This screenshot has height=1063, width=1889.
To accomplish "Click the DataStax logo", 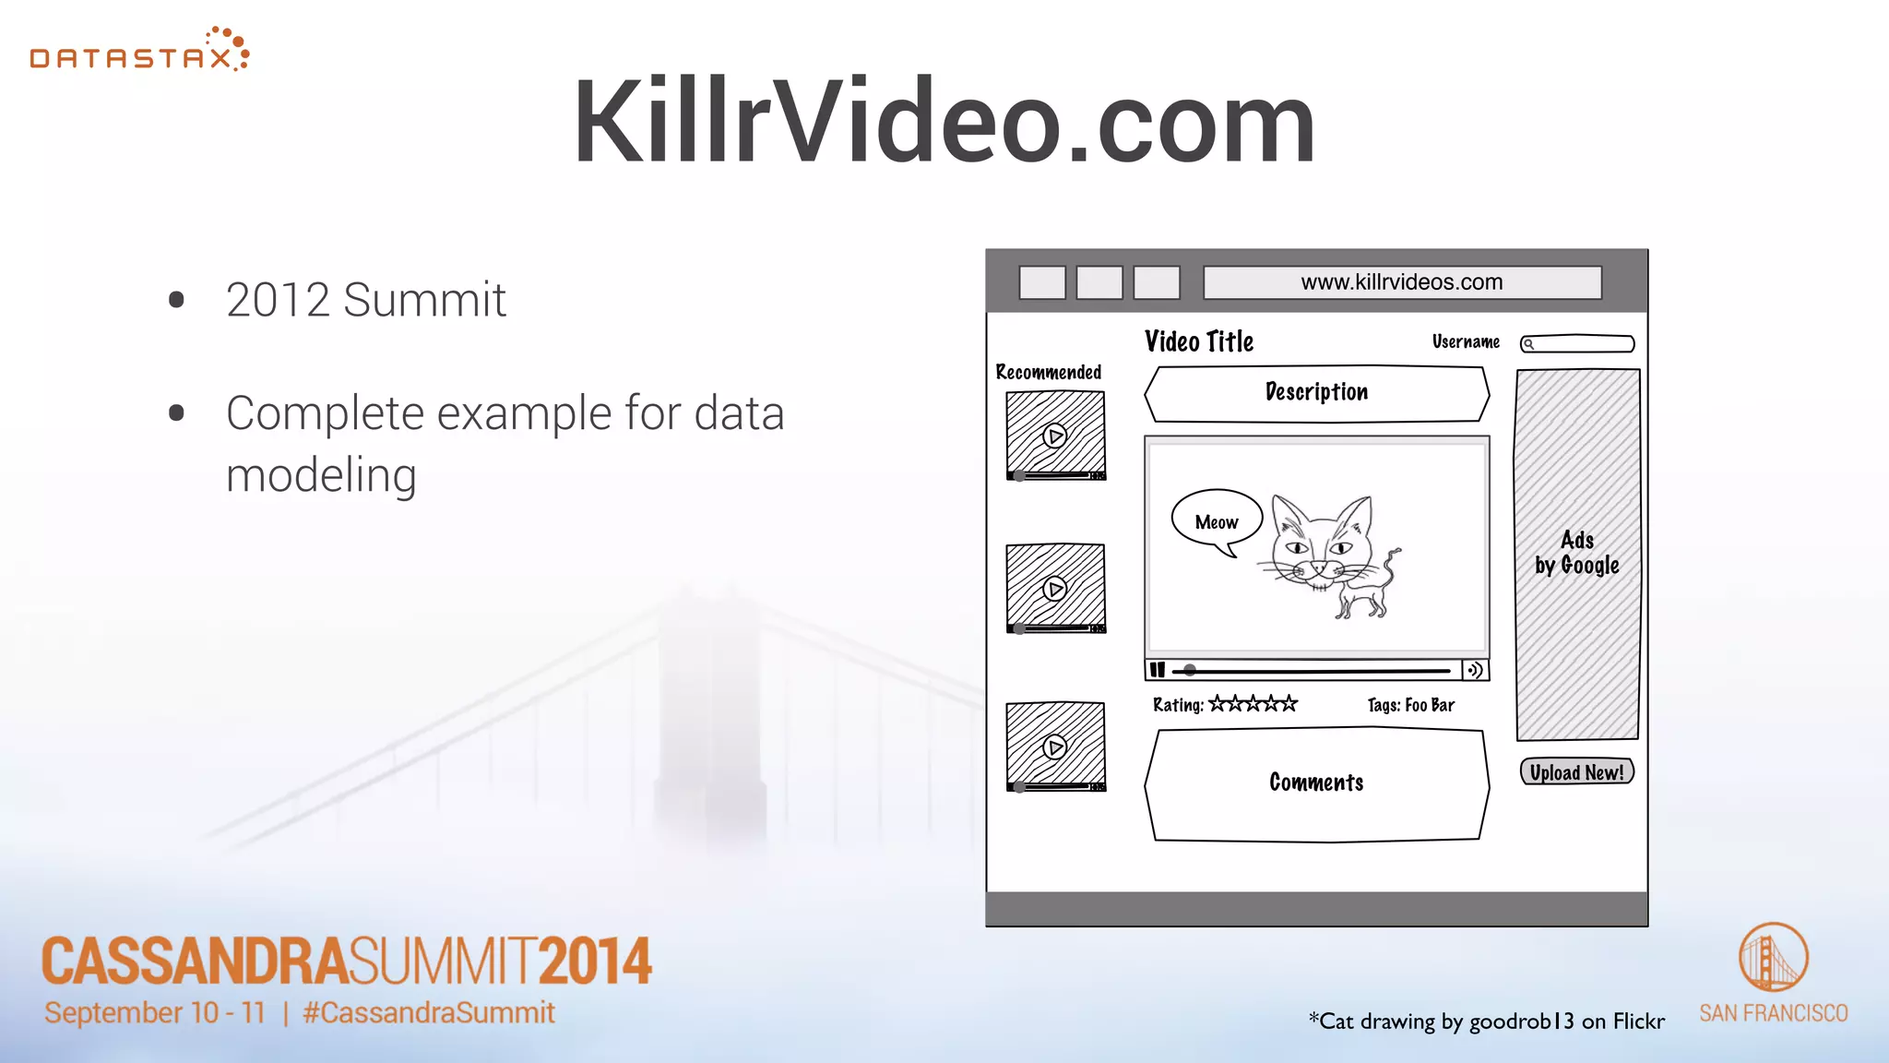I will (139, 52).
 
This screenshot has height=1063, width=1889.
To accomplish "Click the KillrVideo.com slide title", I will (944, 122).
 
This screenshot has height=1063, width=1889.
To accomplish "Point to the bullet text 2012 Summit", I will (366, 300).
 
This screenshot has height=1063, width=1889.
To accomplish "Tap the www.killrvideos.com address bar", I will (1402, 282).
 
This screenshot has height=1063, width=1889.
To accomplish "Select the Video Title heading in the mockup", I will (1199, 342).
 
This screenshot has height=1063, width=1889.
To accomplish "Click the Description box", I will (1316, 393).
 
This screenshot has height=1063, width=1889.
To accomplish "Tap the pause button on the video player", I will (1158, 670).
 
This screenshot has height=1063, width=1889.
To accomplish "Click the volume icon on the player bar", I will (1475, 670).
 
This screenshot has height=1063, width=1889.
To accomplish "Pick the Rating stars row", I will (1253, 704).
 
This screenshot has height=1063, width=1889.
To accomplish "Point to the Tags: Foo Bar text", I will (1410, 706).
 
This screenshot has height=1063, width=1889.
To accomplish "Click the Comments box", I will (1316, 783).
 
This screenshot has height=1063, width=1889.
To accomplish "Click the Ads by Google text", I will (1577, 553).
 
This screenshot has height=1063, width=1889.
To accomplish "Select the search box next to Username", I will (1577, 344).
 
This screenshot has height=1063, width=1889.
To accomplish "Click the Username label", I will (1466, 342).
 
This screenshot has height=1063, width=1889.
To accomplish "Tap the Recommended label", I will (1048, 373).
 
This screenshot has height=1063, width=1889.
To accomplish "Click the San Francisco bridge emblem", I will (1773, 958).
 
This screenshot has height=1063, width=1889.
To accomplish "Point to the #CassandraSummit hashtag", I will (429, 1013).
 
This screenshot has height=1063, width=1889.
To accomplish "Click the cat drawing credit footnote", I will (1486, 1021).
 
